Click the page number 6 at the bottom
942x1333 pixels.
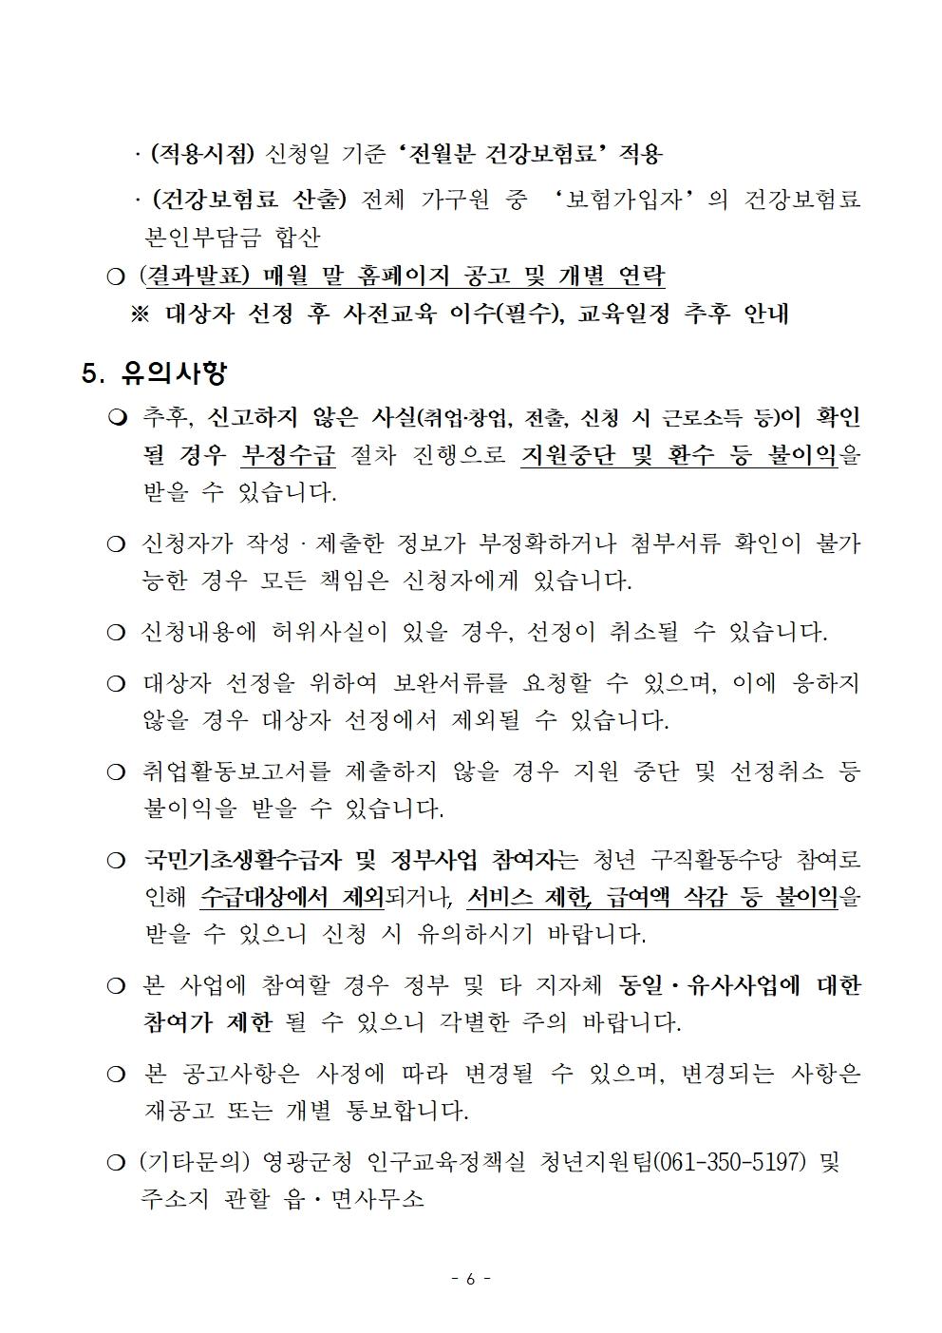pos(470,1279)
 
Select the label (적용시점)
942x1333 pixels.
pos(203,154)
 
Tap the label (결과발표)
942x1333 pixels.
pos(194,276)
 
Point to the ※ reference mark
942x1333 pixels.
pos(140,314)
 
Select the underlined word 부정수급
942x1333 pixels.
pos(288,455)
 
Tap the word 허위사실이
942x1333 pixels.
pos(323,632)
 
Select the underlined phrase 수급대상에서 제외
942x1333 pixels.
pos(292,897)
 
